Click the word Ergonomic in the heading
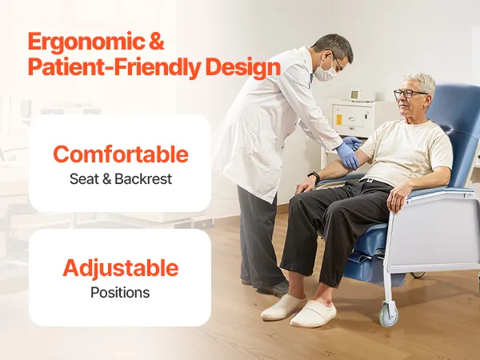[86, 42]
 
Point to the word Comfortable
[121, 154]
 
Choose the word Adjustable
[120, 269]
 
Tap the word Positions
[120, 293]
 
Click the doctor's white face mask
[325, 71]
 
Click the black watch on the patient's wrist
[314, 176]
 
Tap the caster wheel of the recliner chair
[389, 314]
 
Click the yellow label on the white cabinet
[339, 119]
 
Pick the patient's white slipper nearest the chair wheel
[313, 314]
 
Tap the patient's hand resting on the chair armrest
[398, 197]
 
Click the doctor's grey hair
[335, 46]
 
